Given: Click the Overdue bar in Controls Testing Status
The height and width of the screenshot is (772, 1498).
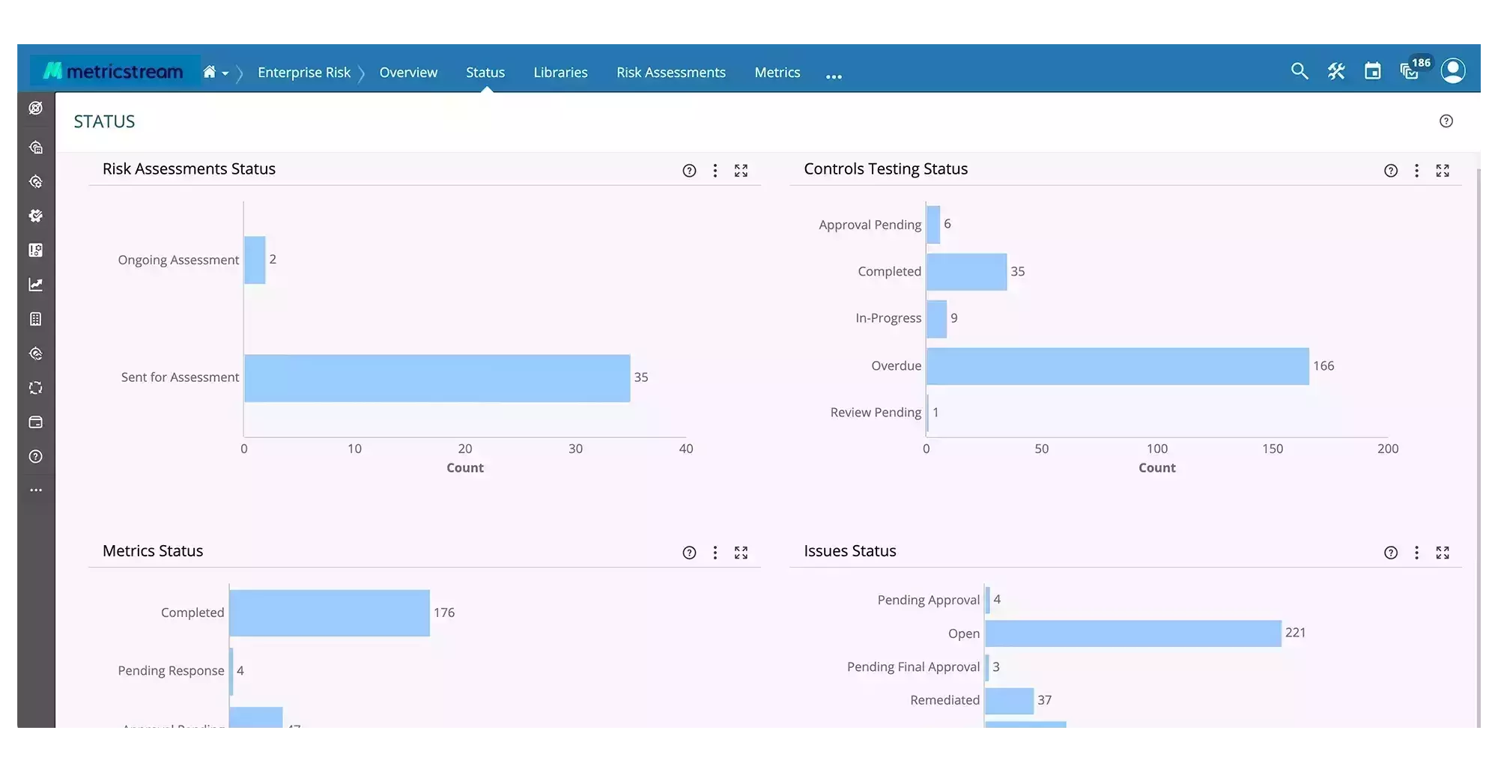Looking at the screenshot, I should [1117, 366].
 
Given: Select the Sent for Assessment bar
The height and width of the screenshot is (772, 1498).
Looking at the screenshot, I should [437, 378].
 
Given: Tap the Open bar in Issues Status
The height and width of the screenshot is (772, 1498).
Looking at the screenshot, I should [1132, 633].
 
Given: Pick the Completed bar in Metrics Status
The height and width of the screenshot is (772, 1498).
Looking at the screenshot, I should [330, 613].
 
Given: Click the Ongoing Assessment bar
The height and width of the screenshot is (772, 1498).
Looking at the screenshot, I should [255, 260].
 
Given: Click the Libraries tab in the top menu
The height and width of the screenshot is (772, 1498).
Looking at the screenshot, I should [560, 73].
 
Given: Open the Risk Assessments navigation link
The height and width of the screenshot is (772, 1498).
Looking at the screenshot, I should [670, 73].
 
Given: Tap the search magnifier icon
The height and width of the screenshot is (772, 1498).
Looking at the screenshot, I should [1300, 71].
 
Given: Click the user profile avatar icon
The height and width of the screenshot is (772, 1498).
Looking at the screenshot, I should [1452, 71].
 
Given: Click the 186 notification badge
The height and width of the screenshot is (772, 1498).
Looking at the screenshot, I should [1420, 63].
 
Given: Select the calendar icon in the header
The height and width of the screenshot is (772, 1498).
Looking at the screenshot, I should [1372, 71].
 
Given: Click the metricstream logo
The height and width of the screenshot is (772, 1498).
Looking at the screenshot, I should [114, 71].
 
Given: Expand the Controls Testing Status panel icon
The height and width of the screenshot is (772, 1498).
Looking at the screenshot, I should [1442, 171].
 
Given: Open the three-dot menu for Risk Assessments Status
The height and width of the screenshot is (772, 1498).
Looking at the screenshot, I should [715, 171].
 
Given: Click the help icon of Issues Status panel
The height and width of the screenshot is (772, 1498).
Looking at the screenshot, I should [1390, 553].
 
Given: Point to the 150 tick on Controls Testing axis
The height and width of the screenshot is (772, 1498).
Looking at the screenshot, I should [1272, 449].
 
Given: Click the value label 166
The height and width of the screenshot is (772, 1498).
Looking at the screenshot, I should [1323, 366].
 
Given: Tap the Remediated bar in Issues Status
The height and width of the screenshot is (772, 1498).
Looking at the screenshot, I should [1009, 701].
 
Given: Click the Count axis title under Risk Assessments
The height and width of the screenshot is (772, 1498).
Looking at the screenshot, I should [464, 468].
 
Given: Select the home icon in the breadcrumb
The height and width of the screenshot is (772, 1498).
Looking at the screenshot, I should [210, 72].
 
